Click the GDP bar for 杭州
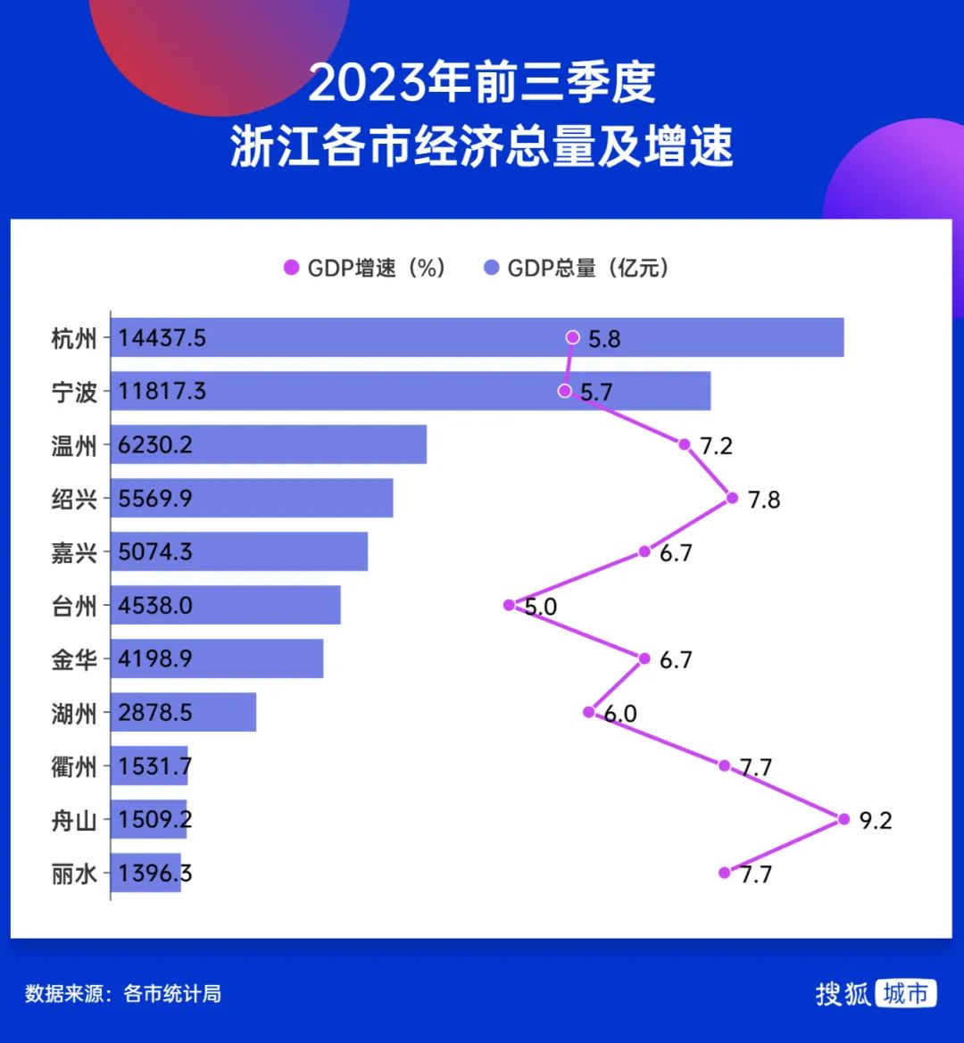477,337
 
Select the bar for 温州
268,444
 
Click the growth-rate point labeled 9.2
843,818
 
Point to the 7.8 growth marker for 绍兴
733,498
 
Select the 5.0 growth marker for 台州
509,605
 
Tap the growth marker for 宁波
564,391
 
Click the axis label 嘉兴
74,552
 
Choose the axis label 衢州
74,766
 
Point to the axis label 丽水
74,873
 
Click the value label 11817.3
162,392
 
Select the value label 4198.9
155,659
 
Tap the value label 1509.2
155,820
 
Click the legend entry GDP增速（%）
365,268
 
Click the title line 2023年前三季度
482,83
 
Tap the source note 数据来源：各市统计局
123,993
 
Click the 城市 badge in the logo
905,993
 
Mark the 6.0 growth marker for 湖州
588,712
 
